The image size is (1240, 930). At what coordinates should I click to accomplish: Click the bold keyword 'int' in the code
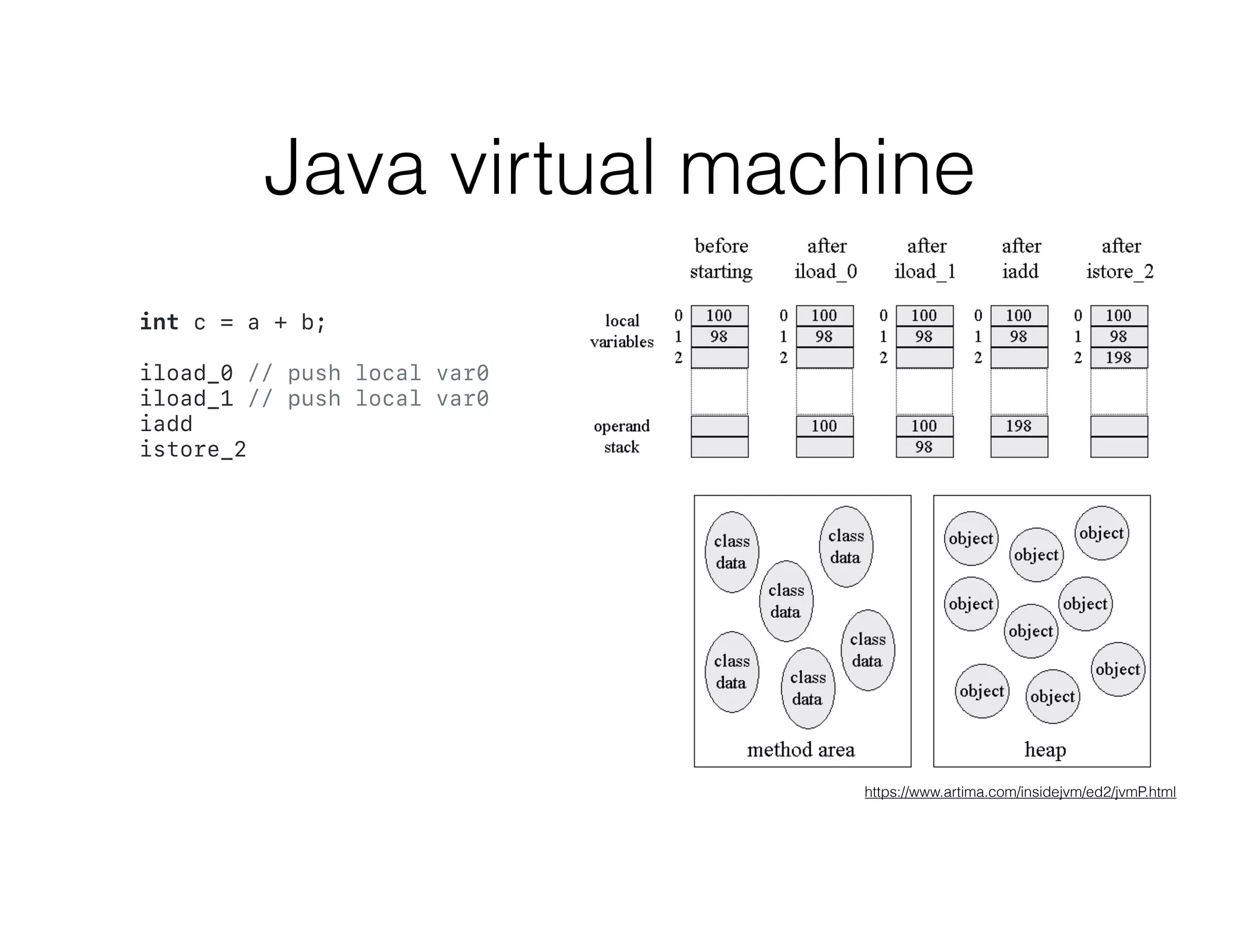coord(159,322)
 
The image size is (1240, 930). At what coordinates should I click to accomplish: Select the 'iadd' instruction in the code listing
coord(166,423)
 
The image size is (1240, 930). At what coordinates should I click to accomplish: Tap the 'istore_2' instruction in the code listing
coord(193,449)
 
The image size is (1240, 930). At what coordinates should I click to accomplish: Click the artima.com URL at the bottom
coord(1020,792)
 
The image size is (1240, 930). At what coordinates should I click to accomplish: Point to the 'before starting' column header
coord(721,259)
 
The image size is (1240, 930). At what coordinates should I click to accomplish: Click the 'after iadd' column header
coord(1021,259)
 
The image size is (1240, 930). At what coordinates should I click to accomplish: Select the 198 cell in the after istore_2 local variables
coord(1118,357)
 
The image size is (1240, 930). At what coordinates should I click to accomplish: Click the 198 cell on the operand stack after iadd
coord(1018,426)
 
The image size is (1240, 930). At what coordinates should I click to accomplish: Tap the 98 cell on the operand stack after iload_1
coord(924,447)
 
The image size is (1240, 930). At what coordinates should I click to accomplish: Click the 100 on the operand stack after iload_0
coord(824,426)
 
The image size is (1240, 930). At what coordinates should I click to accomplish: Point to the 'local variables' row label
coord(622,331)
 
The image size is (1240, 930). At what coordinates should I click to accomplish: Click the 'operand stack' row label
coord(622,436)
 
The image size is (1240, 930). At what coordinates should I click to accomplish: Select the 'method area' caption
coord(800,750)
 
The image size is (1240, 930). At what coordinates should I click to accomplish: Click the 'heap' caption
coord(1045,750)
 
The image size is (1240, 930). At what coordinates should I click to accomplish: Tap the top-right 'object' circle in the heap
coord(1101,533)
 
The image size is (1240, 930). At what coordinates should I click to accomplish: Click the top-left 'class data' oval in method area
coord(731,552)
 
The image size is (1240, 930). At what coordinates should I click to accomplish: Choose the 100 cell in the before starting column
coord(719,315)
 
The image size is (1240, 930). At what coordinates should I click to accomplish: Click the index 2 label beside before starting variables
coord(678,357)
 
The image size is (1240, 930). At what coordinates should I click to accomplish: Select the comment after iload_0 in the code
coord(368,373)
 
